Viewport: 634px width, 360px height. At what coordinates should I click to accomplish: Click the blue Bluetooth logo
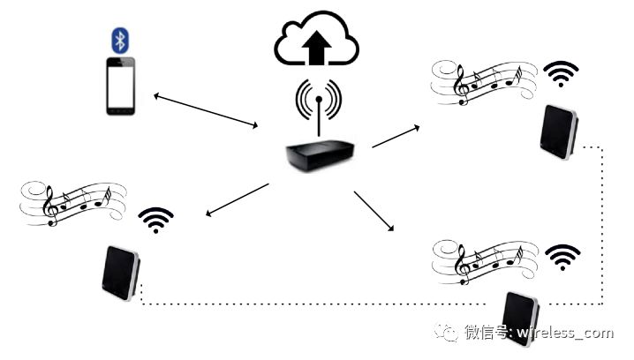click(x=119, y=40)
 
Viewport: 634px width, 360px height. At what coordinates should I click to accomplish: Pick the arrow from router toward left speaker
click(x=236, y=199)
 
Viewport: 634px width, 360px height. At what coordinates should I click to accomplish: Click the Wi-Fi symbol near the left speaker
click(x=155, y=220)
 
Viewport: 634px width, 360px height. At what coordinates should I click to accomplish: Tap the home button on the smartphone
click(x=123, y=111)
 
